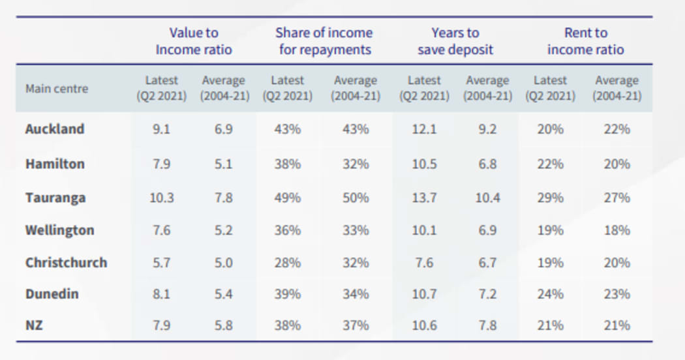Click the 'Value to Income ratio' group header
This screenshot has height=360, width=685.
(x=194, y=41)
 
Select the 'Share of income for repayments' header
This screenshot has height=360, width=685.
(x=324, y=41)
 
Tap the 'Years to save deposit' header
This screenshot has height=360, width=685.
(x=455, y=41)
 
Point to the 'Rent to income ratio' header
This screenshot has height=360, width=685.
(x=585, y=41)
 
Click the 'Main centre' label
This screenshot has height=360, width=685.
(x=57, y=89)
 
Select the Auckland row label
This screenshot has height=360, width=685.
(x=55, y=129)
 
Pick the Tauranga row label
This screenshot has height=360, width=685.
(x=55, y=198)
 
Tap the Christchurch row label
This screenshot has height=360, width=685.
(x=66, y=263)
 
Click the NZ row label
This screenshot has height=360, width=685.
(x=34, y=325)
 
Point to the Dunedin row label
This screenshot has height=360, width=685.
(x=52, y=294)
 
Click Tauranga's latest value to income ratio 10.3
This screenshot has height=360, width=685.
(x=161, y=198)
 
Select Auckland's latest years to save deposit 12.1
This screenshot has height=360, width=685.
(x=424, y=129)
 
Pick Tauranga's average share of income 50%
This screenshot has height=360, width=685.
(x=356, y=198)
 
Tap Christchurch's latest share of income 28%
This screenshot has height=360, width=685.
(x=288, y=263)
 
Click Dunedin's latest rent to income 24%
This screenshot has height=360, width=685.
(x=550, y=294)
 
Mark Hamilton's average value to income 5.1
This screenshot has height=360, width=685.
(x=223, y=164)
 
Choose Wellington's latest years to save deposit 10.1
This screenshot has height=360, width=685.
(x=424, y=230)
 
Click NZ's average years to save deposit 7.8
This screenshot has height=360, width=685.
(x=487, y=325)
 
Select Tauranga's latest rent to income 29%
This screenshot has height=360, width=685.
(x=550, y=198)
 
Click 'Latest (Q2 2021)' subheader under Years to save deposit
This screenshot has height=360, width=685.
(x=424, y=88)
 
